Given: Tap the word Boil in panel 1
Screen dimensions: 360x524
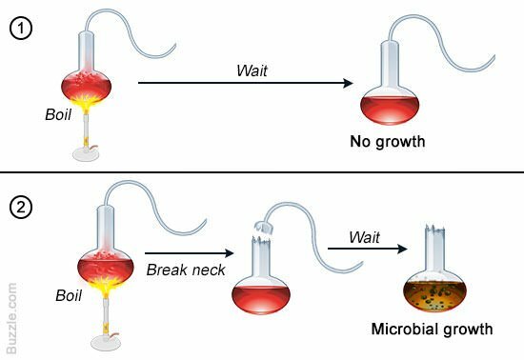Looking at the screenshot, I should (x=58, y=114).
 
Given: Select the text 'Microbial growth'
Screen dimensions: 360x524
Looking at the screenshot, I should (x=432, y=330).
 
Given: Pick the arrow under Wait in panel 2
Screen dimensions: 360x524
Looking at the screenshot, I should (x=367, y=250).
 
